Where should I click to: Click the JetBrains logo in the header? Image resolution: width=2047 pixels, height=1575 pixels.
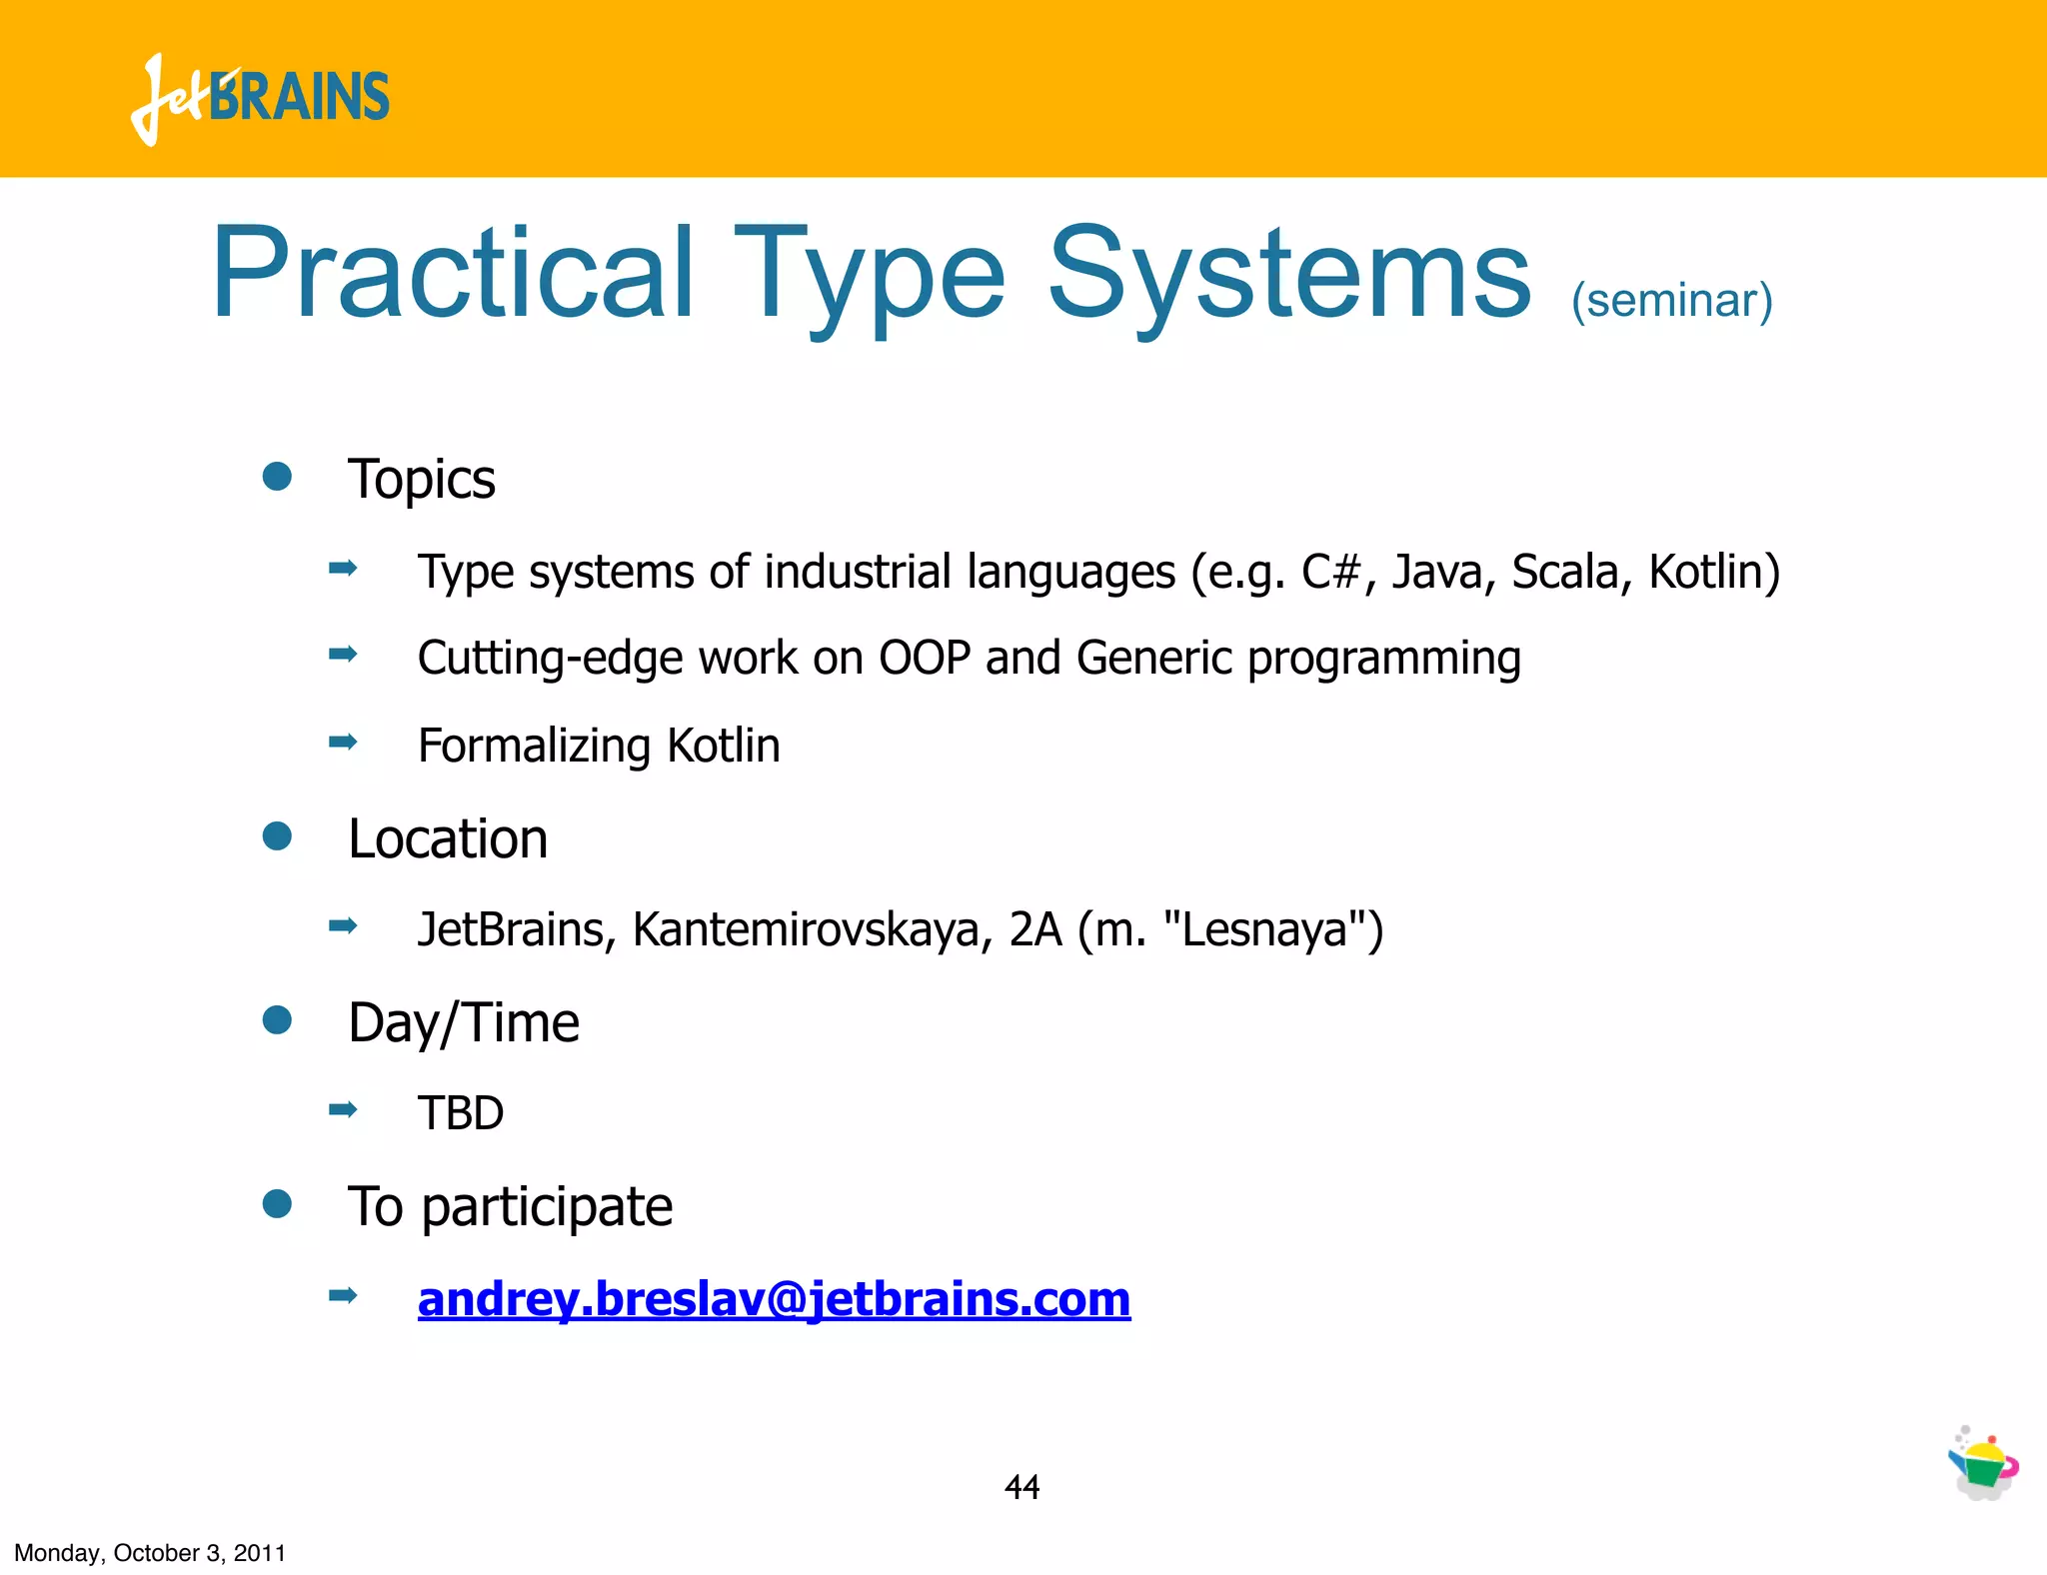tap(260, 98)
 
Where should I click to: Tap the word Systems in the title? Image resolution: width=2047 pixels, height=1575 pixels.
tap(1289, 274)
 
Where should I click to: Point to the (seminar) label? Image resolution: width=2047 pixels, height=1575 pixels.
tap(1672, 301)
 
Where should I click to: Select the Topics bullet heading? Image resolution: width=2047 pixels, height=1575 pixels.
tap(421, 480)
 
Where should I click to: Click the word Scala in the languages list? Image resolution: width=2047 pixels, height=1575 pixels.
tap(1565, 573)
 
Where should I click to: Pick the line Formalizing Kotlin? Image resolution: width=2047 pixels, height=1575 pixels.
tap(598, 746)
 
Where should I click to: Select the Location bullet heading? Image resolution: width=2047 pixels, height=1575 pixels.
tap(447, 838)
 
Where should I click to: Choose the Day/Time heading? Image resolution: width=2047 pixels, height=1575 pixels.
tap(463, 1023)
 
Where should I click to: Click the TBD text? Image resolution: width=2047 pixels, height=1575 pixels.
tap(461, 1113)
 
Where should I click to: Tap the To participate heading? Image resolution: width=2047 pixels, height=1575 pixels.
tap(510, 1207)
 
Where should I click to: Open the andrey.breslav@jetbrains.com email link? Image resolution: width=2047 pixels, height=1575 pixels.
tap(774, 1299)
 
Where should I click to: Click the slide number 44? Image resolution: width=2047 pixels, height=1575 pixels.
tap(1022, 1488)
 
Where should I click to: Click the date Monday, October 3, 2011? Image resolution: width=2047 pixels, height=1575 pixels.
tap(150, 1553)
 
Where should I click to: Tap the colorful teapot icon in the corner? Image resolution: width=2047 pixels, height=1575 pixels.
tap(1983, 1465)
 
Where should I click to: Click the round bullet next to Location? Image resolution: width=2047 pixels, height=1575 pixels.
tap(277, 836)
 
